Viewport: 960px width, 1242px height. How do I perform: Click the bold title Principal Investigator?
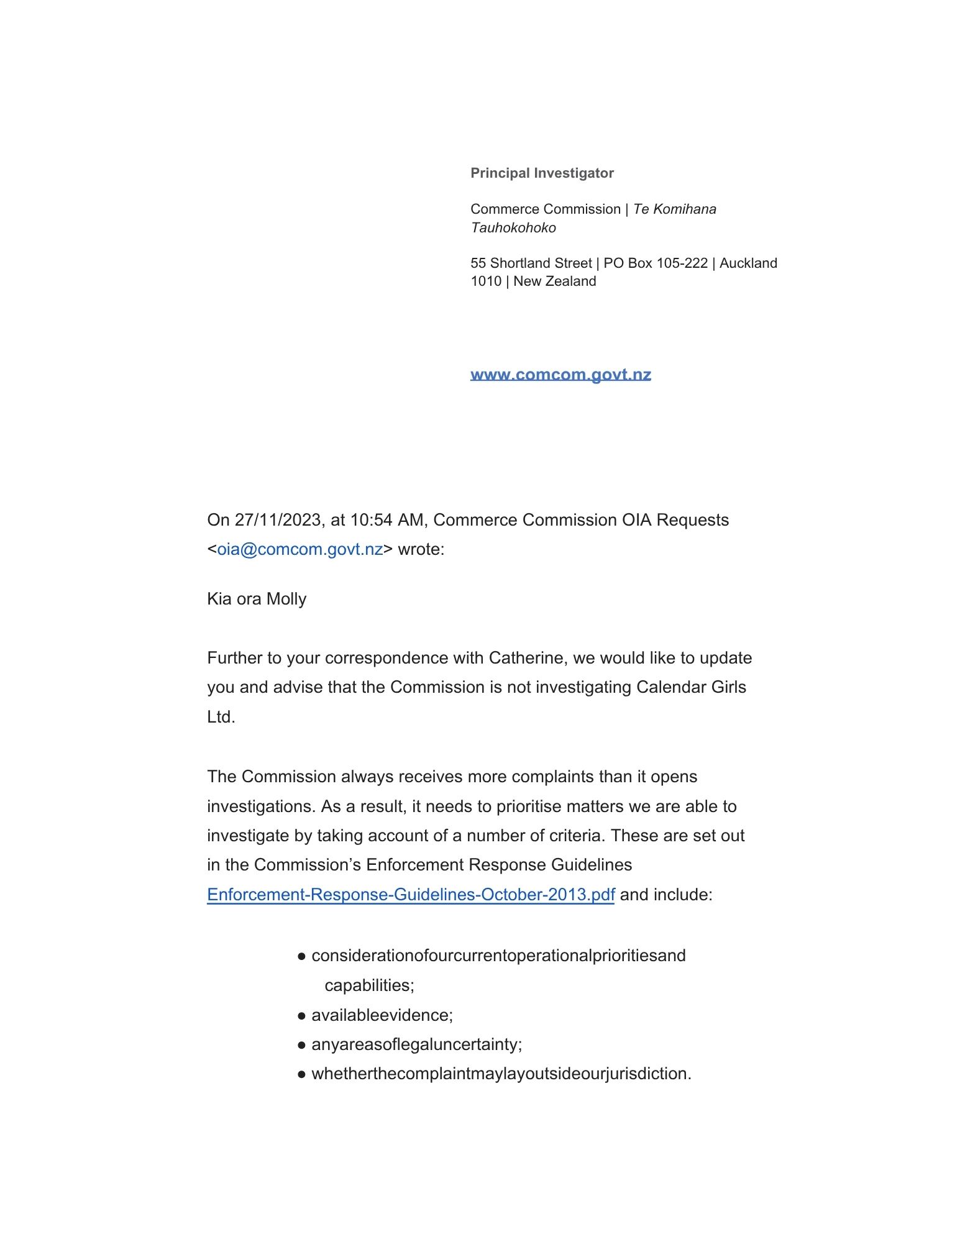[542, 173]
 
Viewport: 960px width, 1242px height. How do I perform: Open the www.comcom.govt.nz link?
[560, 375]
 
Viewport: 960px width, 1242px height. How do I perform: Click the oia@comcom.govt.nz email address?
[299, 549]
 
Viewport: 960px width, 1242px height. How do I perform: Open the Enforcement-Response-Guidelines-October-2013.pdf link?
[411, 895]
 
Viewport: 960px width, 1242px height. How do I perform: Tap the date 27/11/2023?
[278, 520]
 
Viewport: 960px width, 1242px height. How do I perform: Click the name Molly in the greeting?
[286, 599]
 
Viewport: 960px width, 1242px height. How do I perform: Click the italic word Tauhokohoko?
[513, 227]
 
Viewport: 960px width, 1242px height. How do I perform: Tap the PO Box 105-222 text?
[656, 263]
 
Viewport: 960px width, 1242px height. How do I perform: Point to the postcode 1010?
[486, 281]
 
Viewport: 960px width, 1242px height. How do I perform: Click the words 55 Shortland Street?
[531, 263]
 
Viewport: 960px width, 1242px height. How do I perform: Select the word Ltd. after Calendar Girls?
[221, 717]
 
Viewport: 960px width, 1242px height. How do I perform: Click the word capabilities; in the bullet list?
[369, 985]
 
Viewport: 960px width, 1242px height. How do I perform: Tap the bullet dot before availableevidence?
[301, 1016]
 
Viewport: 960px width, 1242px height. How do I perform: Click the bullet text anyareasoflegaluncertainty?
[416, 1044]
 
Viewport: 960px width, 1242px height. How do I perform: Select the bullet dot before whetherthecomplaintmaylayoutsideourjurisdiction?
[301, 1074]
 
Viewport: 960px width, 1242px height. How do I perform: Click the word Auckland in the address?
[748, 263]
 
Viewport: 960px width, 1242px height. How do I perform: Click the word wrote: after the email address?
[421, 549]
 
